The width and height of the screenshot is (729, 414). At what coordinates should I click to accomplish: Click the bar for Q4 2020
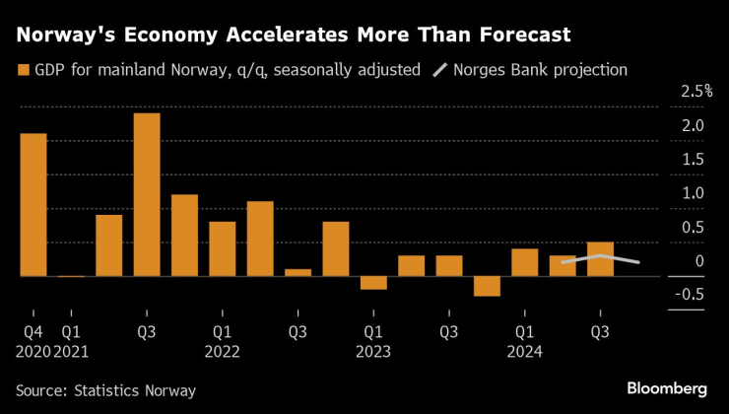(33, 205)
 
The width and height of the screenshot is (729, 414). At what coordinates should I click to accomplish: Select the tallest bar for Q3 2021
(147, 195)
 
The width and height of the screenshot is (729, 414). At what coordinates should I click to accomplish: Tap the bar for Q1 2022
(223, 249)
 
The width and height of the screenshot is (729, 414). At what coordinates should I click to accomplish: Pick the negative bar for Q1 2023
(373, 283)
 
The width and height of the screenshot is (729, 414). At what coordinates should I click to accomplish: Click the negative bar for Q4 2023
(487, 286)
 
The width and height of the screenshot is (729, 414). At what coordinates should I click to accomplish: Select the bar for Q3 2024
(600, 259)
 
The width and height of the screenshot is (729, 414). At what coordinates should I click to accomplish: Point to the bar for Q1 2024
(525, 262)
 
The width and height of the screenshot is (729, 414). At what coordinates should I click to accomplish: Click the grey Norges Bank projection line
(601, 256)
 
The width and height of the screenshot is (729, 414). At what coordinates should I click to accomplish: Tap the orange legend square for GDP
(23, 70)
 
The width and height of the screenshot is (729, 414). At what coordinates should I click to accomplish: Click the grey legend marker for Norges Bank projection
(440, 70)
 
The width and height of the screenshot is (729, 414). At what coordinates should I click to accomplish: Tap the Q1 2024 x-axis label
(525, 341)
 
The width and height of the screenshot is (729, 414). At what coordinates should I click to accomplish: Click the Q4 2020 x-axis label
(33, 341)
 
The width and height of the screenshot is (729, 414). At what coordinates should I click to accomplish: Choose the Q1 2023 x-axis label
(373, 341)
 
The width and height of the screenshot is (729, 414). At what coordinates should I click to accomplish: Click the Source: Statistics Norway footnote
(105, 390)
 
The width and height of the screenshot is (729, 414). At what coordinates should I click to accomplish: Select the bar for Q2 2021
(109, 245)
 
